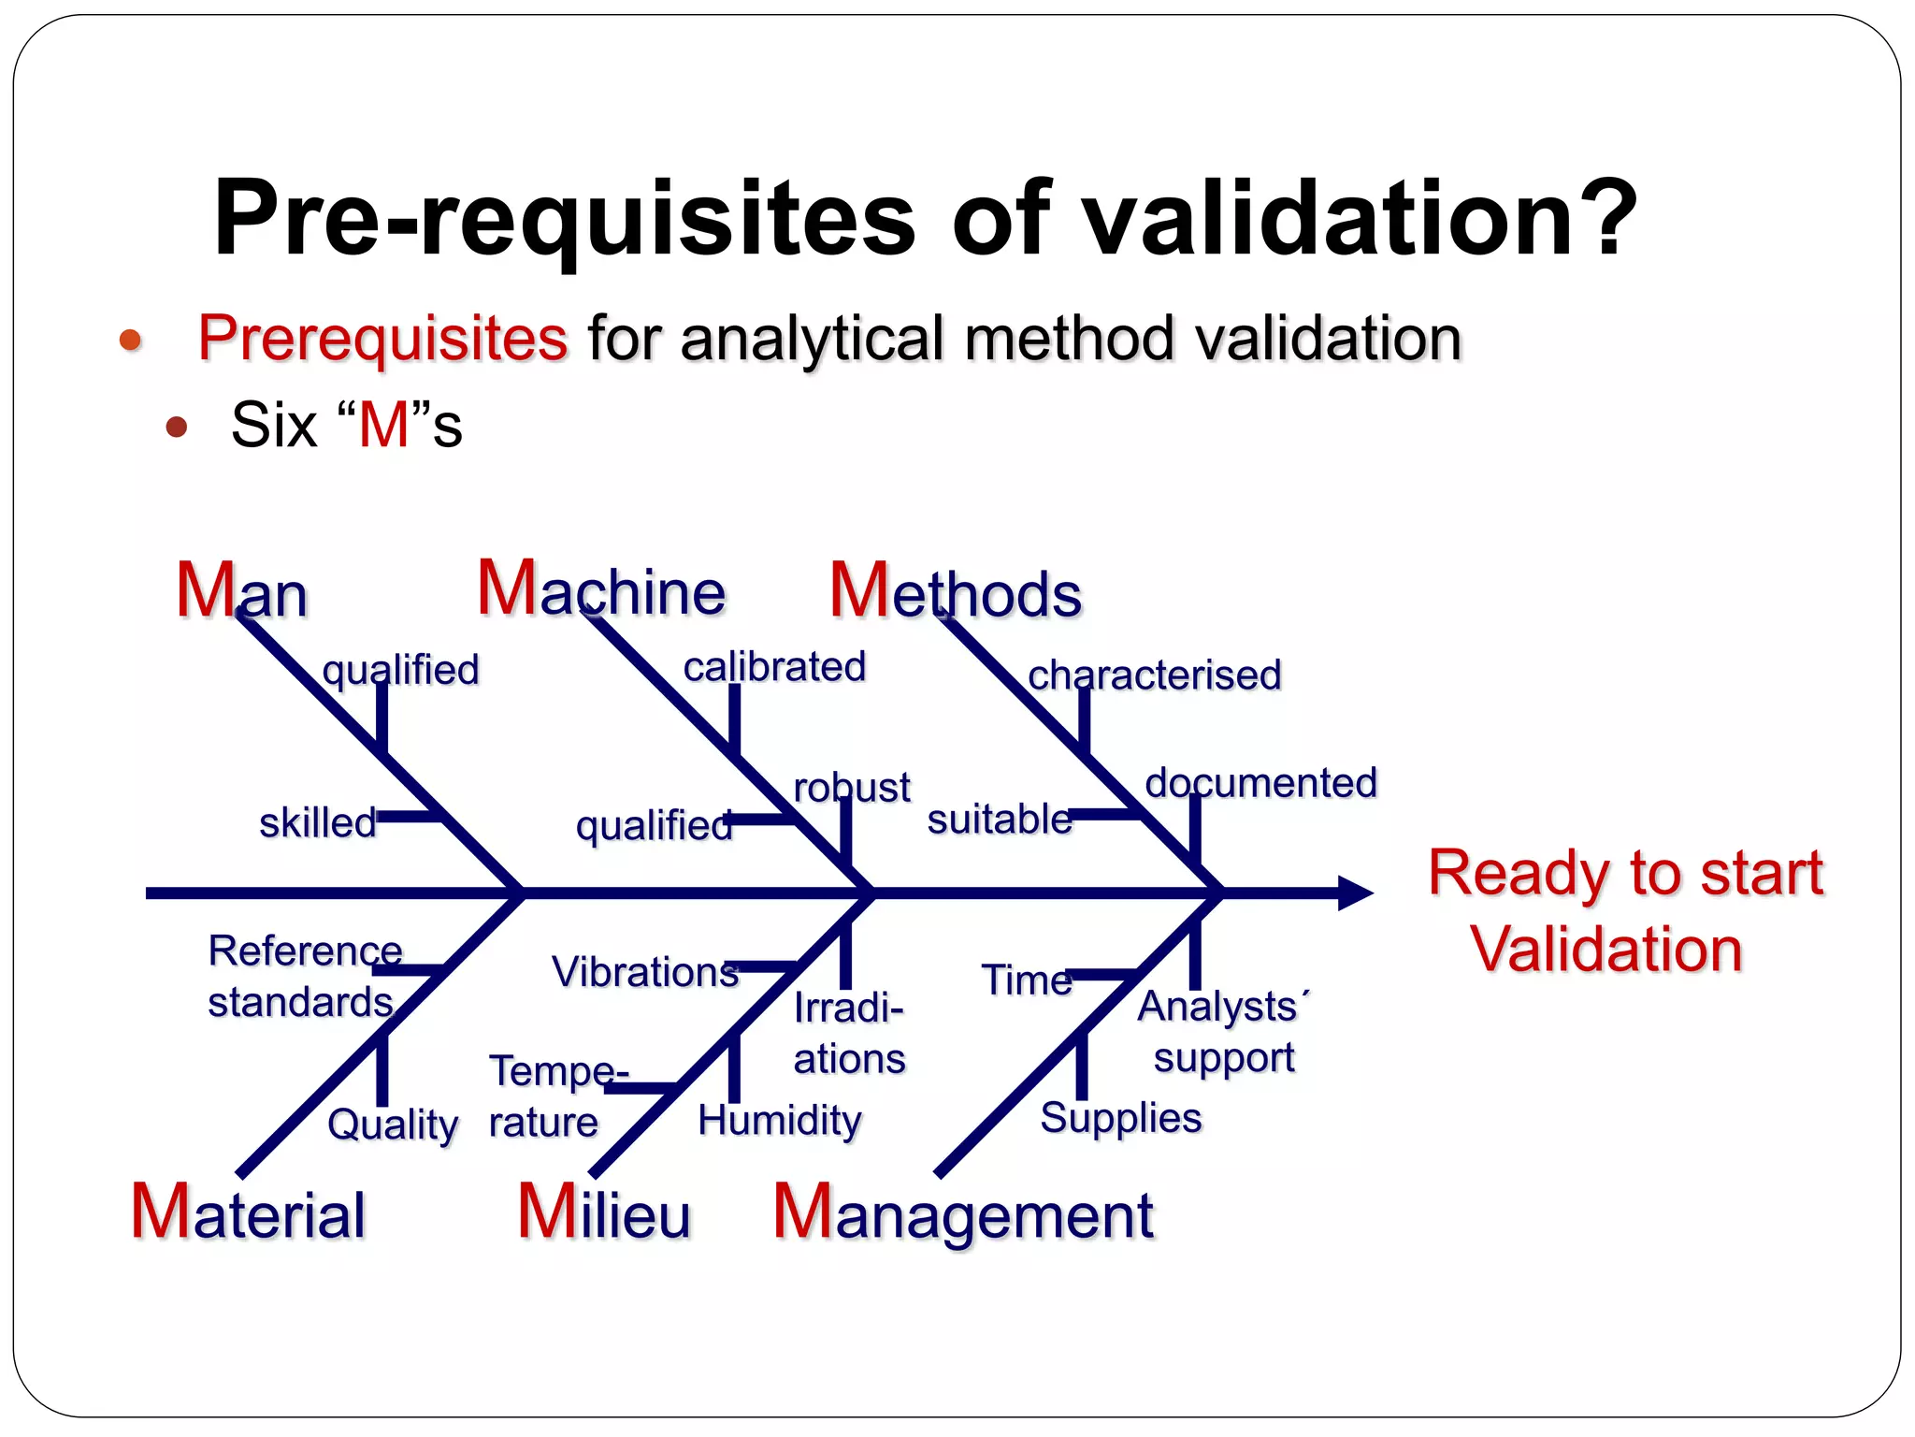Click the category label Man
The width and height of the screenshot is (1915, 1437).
tap(241, 591)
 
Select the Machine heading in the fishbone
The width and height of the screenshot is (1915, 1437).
tap(601, 589)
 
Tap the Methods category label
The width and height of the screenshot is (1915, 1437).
tap(955, 592)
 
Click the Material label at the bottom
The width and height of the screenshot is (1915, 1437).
tap(248, 1213)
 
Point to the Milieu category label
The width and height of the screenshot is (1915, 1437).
tap(604, 1213)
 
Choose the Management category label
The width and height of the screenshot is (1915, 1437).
tap(963, 1214)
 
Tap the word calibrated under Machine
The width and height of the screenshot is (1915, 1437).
tap(774, 667)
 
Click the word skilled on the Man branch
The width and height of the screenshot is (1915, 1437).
tap(317, 823)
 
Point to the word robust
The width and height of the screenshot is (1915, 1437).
tap(851, 788)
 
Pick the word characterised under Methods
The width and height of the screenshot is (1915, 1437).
tap(1154, 675)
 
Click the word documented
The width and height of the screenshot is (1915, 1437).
tap(1260, 783)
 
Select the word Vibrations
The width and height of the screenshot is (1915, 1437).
tap(645, 972)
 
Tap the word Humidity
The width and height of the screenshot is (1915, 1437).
tap(779, 1120)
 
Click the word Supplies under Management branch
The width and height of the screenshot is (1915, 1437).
tap(1120, 1118)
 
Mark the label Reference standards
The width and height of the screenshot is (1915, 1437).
tap(303, 977)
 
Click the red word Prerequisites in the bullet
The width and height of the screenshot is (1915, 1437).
tap(382, 338)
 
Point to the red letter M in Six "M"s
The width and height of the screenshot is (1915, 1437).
tap(384, 426)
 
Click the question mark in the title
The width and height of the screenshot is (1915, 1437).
tap(1605, 219)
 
